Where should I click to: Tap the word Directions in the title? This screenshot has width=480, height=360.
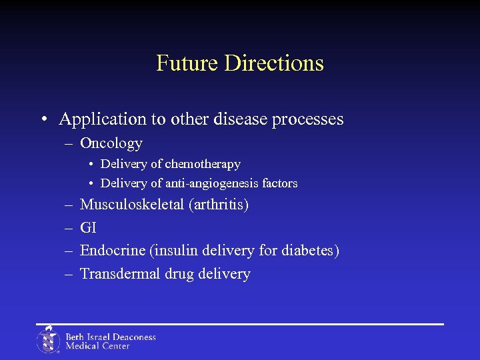[x=274, y=63]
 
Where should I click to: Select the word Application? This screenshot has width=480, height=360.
[x=102, y=119]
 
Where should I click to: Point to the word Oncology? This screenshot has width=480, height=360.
[x=111, y=143]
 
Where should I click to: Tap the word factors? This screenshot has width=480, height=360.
[x=280, y=183]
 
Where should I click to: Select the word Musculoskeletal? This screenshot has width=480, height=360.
[x=132, y=204]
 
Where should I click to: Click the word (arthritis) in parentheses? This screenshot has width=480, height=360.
[x=219, y=204]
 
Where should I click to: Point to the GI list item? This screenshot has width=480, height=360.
[x=88, y=227]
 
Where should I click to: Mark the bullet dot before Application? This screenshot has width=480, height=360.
[x=42, y=120]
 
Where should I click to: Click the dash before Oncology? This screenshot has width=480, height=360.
[x=69, y=143]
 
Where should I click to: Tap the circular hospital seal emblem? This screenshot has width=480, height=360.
[x=48, y=340]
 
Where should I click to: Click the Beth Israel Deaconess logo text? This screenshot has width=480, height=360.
[x=110, y=341]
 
